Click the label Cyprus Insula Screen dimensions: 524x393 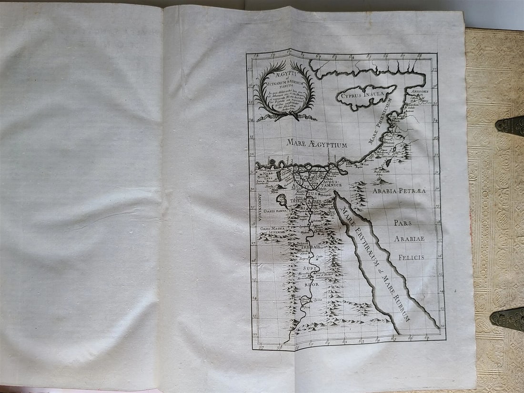365,96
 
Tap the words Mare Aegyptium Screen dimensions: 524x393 317,142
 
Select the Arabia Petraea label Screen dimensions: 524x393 399,190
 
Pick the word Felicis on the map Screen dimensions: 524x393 408,257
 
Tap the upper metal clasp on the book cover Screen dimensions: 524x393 509,125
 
